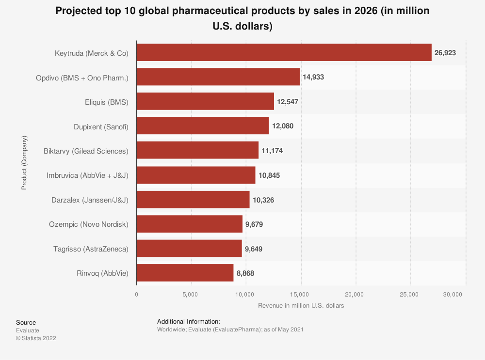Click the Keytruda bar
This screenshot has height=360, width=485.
(x=284, y=52)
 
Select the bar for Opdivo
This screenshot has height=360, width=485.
(x=218, y=77)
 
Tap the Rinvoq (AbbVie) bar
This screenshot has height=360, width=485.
(x=185, y=273)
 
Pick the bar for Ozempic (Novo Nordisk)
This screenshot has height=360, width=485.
(x=189, y=224)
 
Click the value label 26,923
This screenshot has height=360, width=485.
(x=445, y=53)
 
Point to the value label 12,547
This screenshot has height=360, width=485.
(x=288, y=102)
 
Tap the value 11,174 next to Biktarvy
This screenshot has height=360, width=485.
(x=272, y=151)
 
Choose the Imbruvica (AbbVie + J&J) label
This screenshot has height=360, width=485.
(x=87, y=175)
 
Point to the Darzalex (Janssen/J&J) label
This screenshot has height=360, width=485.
(x=90, y=200)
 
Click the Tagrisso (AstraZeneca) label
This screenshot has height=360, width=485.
(x=91, y=249)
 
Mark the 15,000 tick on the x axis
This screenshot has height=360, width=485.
(x=300, y=295)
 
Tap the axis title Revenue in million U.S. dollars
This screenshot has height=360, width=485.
(x=301, y=306)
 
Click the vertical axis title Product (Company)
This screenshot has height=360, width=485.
(x=24, y=162)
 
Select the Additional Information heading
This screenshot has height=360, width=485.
(x=189, y=321)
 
